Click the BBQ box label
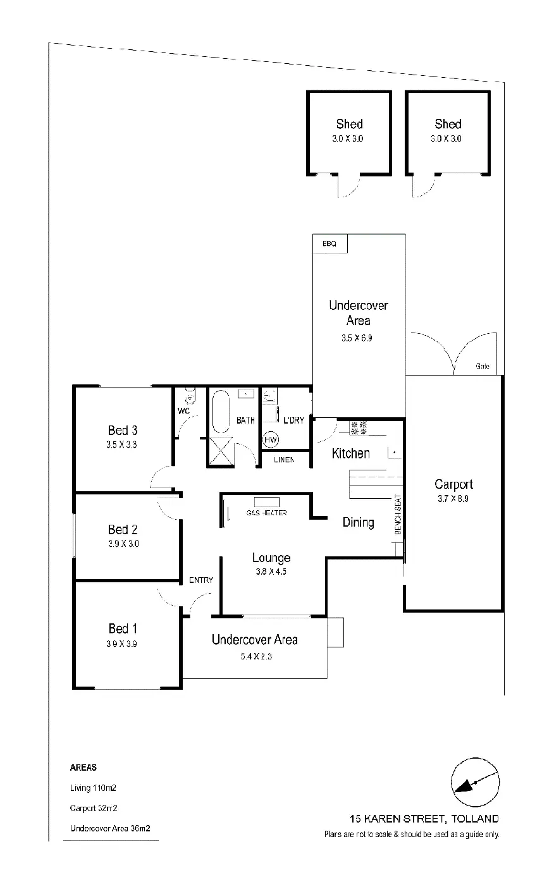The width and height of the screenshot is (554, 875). pos(329,243)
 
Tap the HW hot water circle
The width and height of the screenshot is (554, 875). pos(271,439)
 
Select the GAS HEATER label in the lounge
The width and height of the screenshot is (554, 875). pos(266,513)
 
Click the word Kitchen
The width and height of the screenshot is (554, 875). pos(350,453)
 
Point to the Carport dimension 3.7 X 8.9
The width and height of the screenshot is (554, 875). pos(453,498)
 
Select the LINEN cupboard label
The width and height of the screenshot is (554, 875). pos(284,460)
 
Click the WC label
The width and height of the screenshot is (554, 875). pos(184,411)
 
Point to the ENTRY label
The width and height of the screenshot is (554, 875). pos(201,580)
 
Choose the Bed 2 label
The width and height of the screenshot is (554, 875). pos(123,530)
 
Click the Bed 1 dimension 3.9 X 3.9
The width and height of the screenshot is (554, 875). pos(123,644)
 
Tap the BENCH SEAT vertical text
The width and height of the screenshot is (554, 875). pos(398,515)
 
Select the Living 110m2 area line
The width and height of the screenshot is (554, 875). pos(93,788)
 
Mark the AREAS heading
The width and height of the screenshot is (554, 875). pos(83,768)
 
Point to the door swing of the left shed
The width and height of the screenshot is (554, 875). pos(348,185)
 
